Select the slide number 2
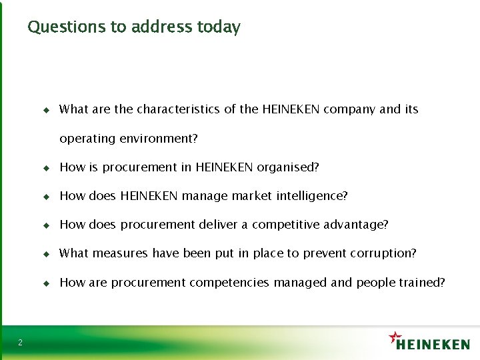coord(20,343)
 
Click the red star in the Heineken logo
coord(396,336)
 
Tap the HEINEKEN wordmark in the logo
coord(433,344)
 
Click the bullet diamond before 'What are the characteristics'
coord(46,109)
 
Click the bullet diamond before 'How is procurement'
coord(46,167)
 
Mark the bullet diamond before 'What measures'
coord(46,254)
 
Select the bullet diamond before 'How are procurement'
coord(46,283)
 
